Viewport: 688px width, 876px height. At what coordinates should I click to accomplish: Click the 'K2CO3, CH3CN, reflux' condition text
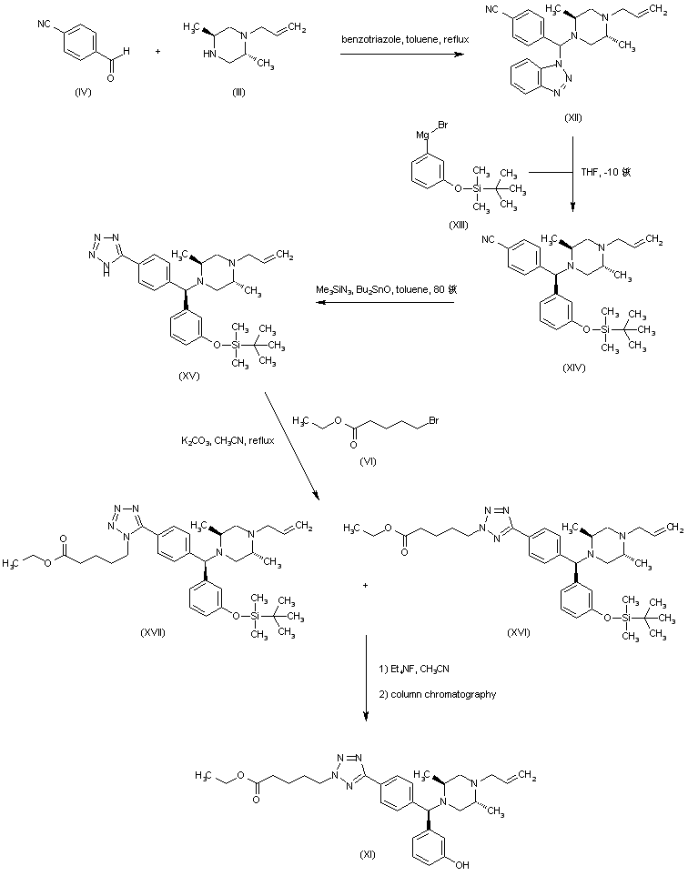(226, 440)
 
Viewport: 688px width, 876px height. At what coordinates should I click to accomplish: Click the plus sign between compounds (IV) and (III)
(158, 52)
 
